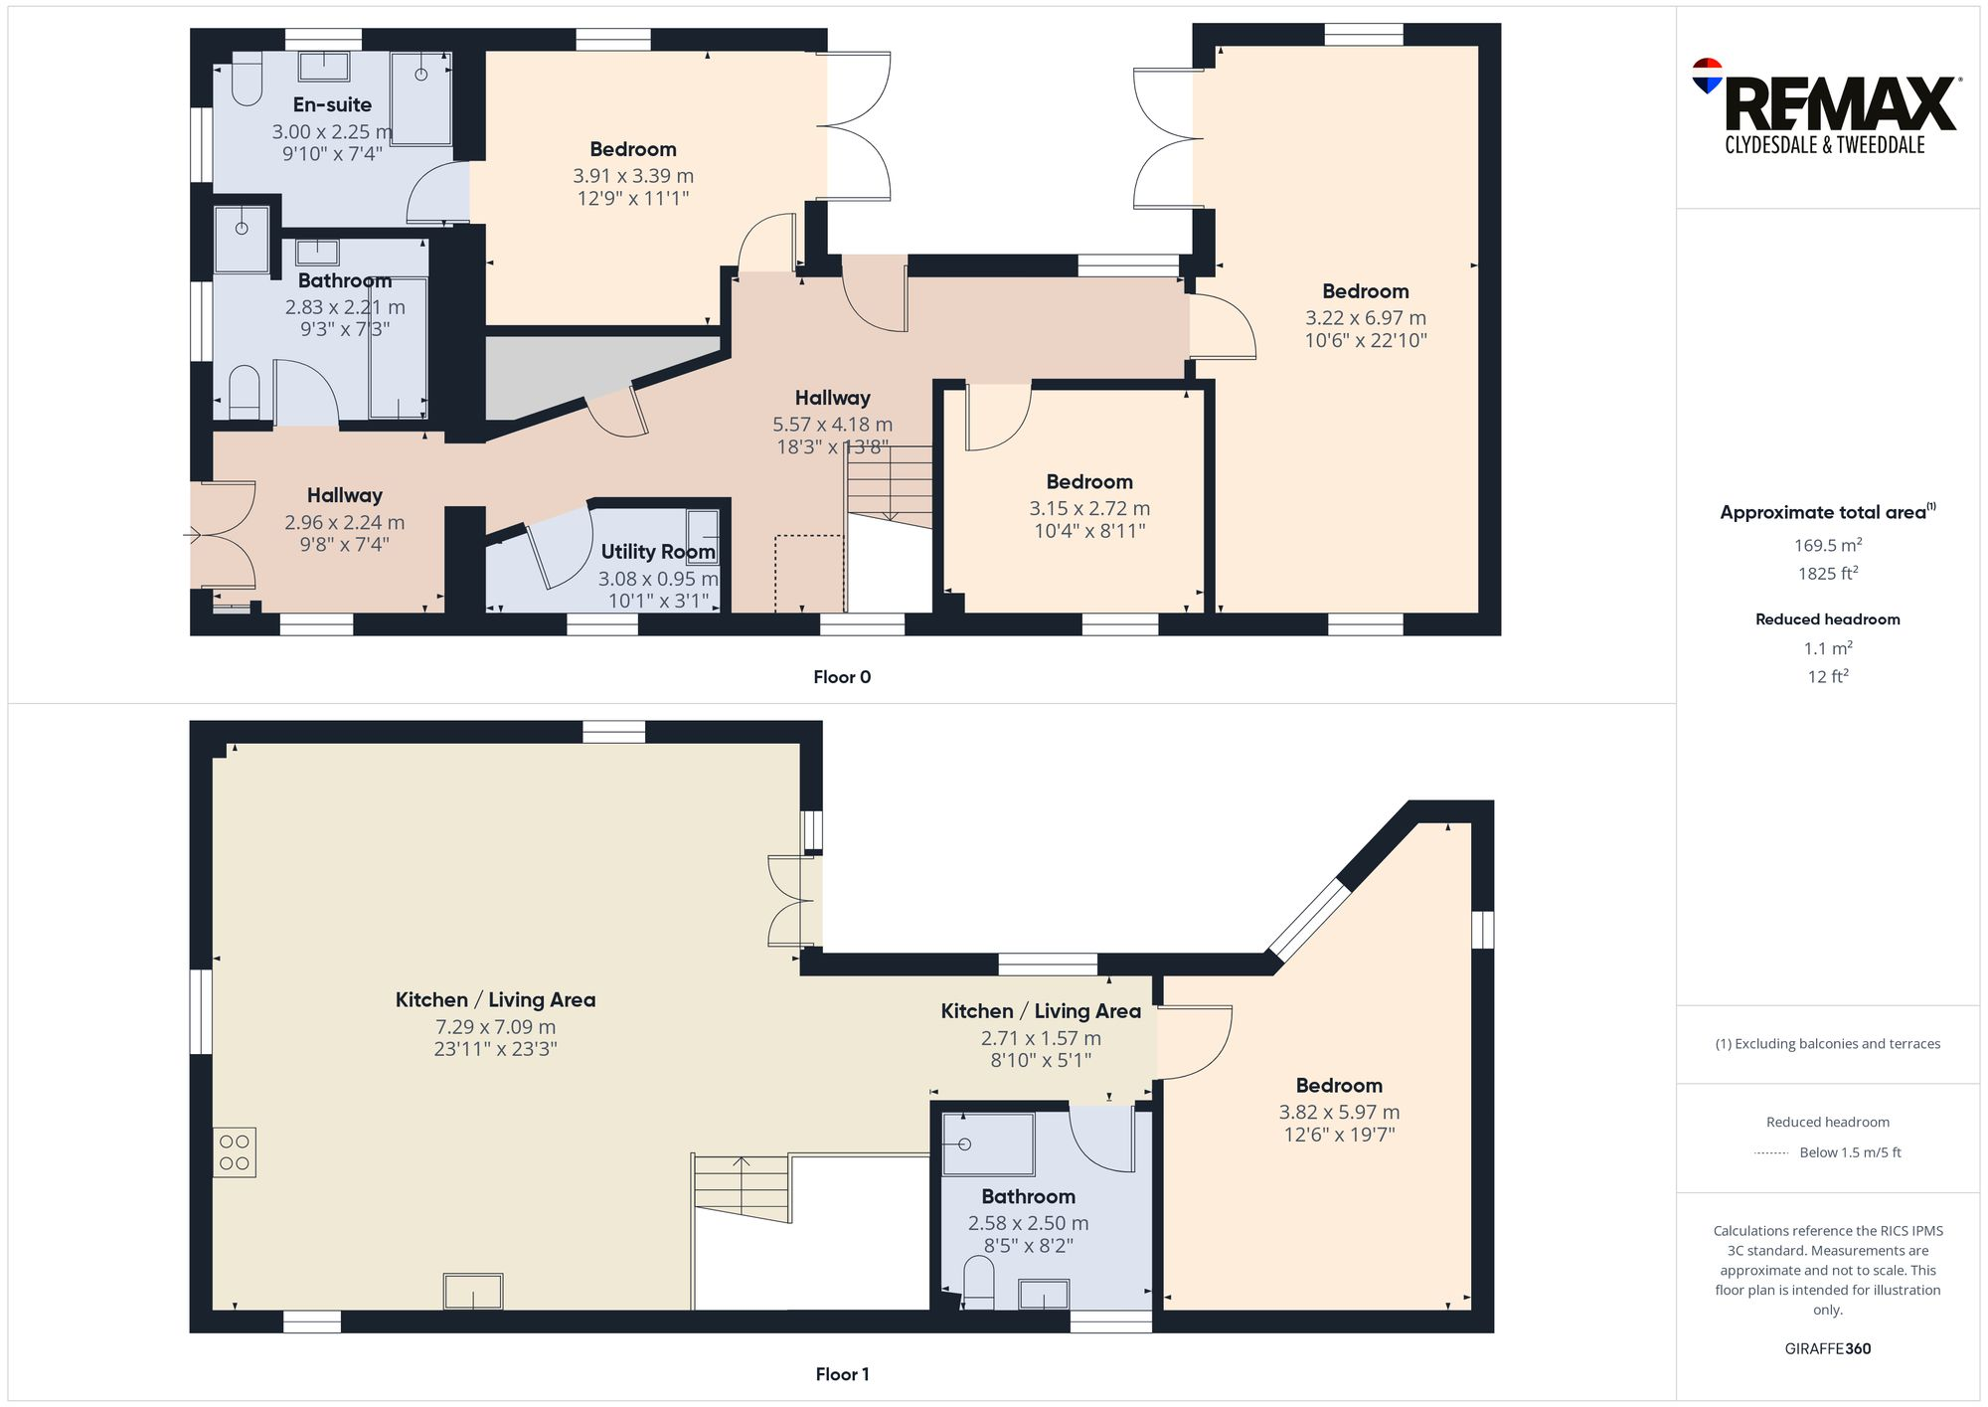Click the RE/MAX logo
(x=1827, y=99)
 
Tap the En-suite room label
(x=332, y=104)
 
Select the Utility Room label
(x=657, y=551)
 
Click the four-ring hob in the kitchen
(x=235, y=1152)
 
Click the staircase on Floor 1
(x=742, y=1188)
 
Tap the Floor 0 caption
(x=841, y=677)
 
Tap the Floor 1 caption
(x=841, y=1374)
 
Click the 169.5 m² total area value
(x=1827, y=545)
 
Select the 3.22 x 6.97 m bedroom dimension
(x=1365, y=318)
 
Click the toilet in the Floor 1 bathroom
(x=979, y=1283)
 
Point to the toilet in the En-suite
(x=247, y=80)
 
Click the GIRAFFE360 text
(x=1827, y=1348)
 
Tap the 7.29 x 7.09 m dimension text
(x=495, y=1027)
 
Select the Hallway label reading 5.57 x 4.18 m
(x=832, y=398)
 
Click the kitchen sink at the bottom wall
(x=473, y=1291)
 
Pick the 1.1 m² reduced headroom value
(x=1827, y=648)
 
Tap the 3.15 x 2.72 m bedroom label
(x=1089, y=482)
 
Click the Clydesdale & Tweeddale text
(x=1824, y=145)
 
